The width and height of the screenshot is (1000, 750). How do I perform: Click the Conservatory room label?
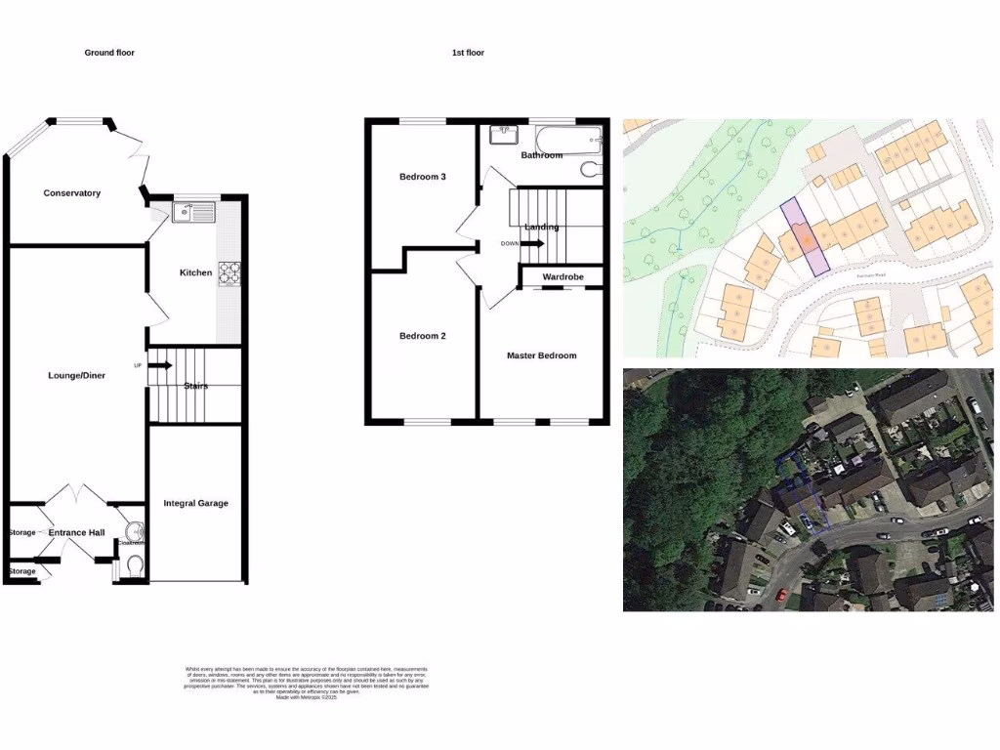(71, 193)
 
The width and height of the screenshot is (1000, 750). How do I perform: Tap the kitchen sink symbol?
(192, 211)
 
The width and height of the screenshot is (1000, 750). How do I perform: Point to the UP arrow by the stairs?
(159, 365)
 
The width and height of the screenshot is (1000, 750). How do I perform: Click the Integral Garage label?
(195, 503)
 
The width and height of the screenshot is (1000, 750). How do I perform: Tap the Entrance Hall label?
(77, 532)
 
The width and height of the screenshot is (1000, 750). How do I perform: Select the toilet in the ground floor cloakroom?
(134, 564)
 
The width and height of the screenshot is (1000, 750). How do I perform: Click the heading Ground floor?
(109, 53)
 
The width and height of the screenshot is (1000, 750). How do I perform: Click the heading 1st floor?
(468, 53)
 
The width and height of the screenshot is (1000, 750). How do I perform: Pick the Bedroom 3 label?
(423, 177)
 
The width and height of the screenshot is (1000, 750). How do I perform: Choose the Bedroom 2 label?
(423, 336)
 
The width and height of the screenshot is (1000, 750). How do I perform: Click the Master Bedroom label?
(541, 355)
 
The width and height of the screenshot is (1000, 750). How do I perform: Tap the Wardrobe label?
(562, 277)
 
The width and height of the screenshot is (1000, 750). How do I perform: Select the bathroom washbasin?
(504, 134)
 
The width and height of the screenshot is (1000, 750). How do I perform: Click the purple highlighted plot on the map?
(804, 237)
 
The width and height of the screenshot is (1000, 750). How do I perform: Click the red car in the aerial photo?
(779, 593)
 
